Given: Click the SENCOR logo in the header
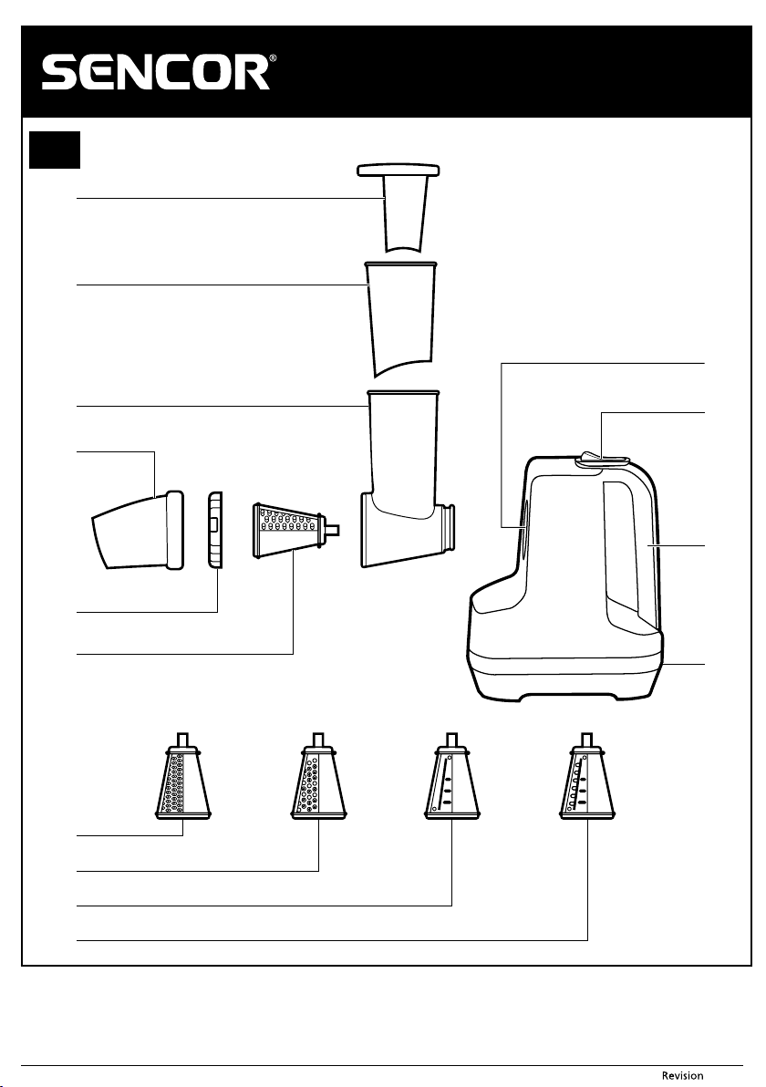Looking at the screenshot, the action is [x=156, y=73].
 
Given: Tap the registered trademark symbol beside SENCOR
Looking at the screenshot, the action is [x=274, y=59].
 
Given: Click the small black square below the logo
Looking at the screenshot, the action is [x=55, y=150].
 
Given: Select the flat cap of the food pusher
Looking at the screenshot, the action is [x=399, y=169].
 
